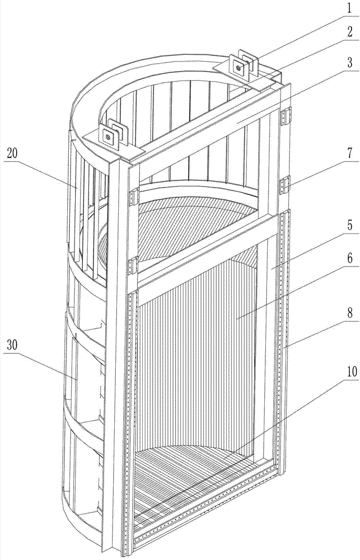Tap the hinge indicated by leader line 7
(x=286, y=184)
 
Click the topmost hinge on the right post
(x=286, y=116)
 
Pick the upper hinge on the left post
(x=134, y=196)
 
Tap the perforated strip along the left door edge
(x=132, y=403)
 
